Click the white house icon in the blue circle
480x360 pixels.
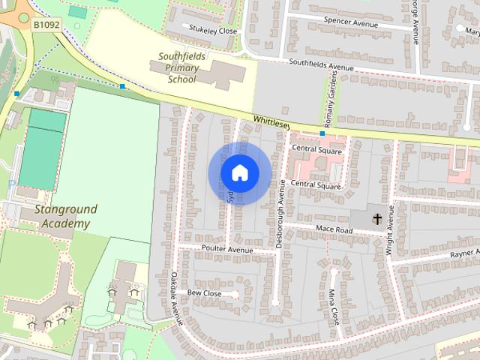pyautogui.click(x=239, y=172)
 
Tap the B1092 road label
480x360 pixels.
pyautogui.click(x=46, y=25)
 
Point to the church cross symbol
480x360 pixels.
pyautogui.click(x=377, y=220)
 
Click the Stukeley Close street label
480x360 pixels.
pyautogui.click(x=213, y=31)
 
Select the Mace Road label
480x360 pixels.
pyautogui.click(x=334, y=229)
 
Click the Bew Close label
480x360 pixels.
pyautogui.click(x=204, y=293)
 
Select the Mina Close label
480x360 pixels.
pyautogui.click(x=334, y=303)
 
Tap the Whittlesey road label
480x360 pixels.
pyautogui.click(x=271, y=121)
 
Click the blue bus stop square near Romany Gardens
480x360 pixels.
pyautogui.click(x=322, y=133)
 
